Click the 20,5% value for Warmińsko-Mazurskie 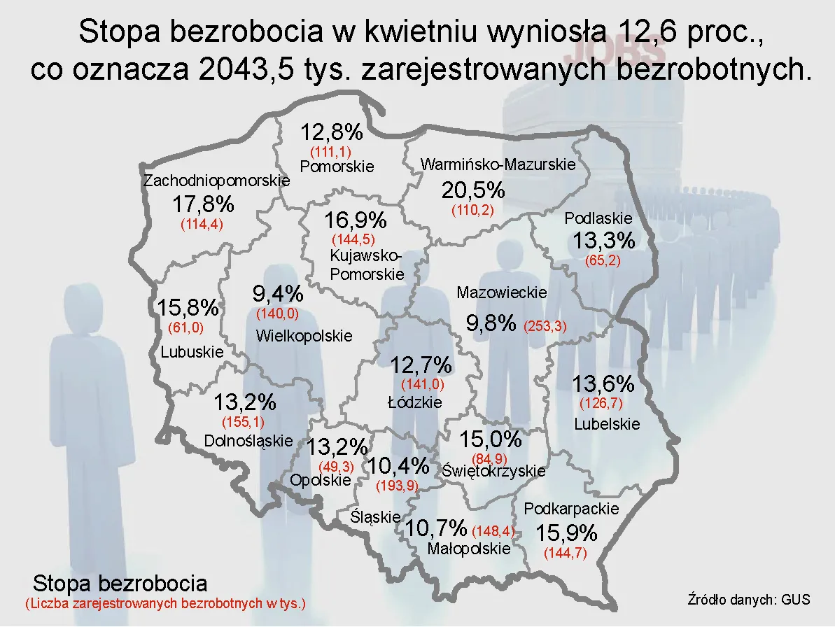click(473, 190)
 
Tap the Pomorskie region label click(337, 167)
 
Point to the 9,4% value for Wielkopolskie click(277, 294)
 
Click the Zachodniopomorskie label click(216, 181)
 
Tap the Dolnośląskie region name click(248, 441)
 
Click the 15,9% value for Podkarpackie click(566, 533)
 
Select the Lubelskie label click(607, 424)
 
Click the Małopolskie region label click(469, 549)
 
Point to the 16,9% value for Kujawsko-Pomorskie click(356, 220)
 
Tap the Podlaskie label click(598, 218)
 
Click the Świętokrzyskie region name click(493, 471)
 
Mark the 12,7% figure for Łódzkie click(421, 365)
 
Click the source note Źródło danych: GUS click(749, 600)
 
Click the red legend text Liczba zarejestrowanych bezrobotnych click(165, 603)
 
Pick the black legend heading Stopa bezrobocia click(120, 583)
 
